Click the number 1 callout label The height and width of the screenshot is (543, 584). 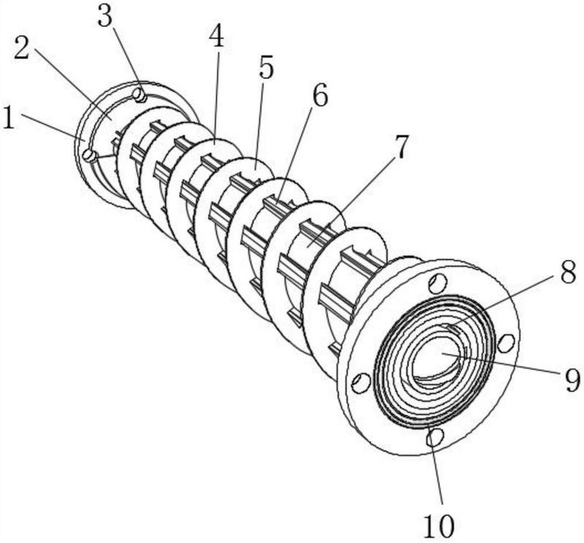[x=8, y=118]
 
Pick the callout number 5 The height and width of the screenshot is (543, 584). [x=266, y=67]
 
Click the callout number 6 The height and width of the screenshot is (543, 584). [x=320, y=95]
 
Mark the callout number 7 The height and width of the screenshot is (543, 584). [x=401, y=147]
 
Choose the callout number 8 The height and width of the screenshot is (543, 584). [x=569, y=272]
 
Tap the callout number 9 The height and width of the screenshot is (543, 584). [x=572, y=380]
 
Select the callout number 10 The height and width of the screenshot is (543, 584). [x=439, y=526]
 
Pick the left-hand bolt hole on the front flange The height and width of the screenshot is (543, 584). [x=361, y=382]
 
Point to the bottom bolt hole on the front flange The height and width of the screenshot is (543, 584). [x=434, y=436]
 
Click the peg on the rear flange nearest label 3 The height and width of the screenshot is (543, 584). [x=140, y=95]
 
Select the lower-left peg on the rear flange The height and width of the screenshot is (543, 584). [x=89, y=155]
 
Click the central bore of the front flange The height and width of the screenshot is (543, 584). [x=439, y=358]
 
